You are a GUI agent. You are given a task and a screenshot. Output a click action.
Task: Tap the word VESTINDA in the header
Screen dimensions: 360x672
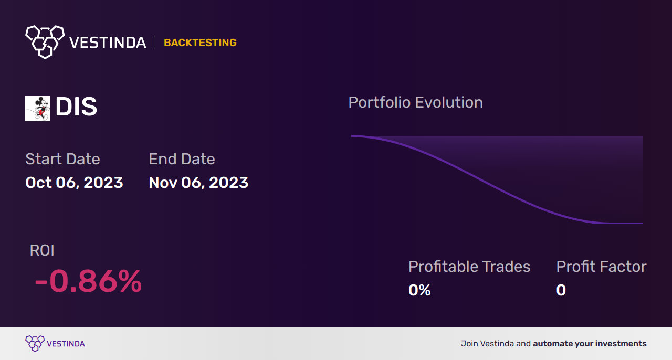click(108, 43)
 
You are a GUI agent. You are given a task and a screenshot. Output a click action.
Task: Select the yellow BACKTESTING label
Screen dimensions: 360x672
click(200, 43)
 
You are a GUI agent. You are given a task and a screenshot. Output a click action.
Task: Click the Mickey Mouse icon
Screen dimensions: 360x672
click(38, 109)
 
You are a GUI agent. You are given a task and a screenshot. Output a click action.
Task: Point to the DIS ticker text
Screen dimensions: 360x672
click(76, 108)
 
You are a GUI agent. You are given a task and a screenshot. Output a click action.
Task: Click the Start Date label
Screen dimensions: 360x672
click(62, 159)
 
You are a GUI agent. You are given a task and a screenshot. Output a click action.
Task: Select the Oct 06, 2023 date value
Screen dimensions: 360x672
click(74, 183)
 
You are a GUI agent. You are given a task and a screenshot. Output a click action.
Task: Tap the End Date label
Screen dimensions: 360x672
click(182, 159)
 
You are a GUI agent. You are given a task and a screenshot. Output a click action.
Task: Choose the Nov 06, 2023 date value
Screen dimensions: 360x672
click(198, 183)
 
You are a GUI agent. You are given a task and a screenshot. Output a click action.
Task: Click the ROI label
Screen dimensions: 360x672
click(42, 250)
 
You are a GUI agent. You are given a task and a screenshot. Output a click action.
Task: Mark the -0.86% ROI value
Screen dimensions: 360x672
click(88, 281)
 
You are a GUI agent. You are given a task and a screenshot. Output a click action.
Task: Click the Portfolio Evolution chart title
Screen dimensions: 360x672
click(415, 102)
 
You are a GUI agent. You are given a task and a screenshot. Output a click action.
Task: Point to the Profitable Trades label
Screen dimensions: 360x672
click(469, 267)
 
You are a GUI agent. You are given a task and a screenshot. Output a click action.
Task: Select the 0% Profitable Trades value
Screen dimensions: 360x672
click(419, 290)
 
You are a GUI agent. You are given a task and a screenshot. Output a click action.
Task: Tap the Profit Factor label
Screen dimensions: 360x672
click(601, 267)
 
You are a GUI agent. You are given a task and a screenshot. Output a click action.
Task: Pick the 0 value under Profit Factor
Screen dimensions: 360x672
click(561, 290)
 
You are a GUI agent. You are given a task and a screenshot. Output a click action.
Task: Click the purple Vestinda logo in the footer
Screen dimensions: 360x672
click(35, 343)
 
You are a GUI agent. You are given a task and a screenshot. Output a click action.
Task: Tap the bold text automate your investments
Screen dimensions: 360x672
click(590, 344)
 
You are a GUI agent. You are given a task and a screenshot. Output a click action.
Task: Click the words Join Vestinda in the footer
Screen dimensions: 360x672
click(487, 344)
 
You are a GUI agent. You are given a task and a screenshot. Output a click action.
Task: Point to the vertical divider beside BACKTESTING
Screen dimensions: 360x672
click(155, 43)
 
